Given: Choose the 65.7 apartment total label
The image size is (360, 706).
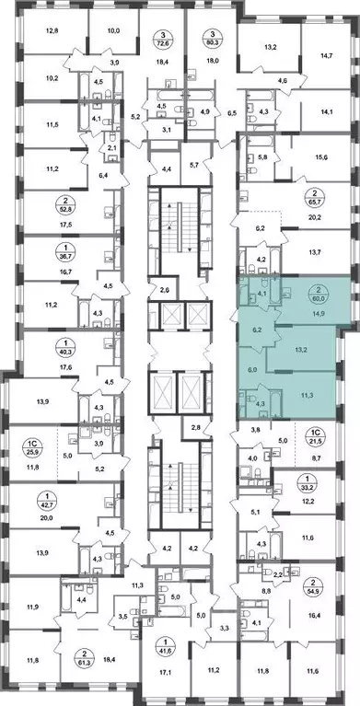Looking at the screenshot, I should pos(324,198).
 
